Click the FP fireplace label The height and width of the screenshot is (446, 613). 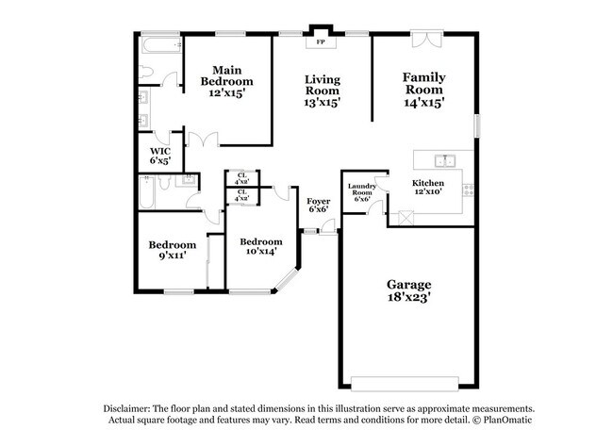coord(321,41)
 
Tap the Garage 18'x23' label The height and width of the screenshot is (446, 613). coord(409,290)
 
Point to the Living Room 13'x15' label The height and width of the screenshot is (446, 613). coord(323,91)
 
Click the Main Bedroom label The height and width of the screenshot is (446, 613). coord(226,81)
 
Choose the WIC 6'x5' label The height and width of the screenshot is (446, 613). coord(160,156)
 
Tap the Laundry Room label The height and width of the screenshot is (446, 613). coord(362,190)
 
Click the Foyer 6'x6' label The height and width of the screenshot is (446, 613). coord(318,205)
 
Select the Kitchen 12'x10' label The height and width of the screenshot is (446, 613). coord(428,188)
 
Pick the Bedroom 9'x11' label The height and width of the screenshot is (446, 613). coord(173,250)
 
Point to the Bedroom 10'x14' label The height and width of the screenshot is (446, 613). coord(261,246)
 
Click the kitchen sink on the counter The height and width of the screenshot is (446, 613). coord(445,160)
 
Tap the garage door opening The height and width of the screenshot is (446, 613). coord(405,384)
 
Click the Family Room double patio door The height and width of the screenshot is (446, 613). coord(426,39)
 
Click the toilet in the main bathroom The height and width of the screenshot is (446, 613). coord(145,72)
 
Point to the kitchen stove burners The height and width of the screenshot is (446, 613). coord(468,190)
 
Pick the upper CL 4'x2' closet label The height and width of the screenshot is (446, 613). coord(242,178)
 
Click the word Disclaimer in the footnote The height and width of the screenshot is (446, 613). coord(126,409)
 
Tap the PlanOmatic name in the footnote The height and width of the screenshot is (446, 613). coord(507,420)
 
